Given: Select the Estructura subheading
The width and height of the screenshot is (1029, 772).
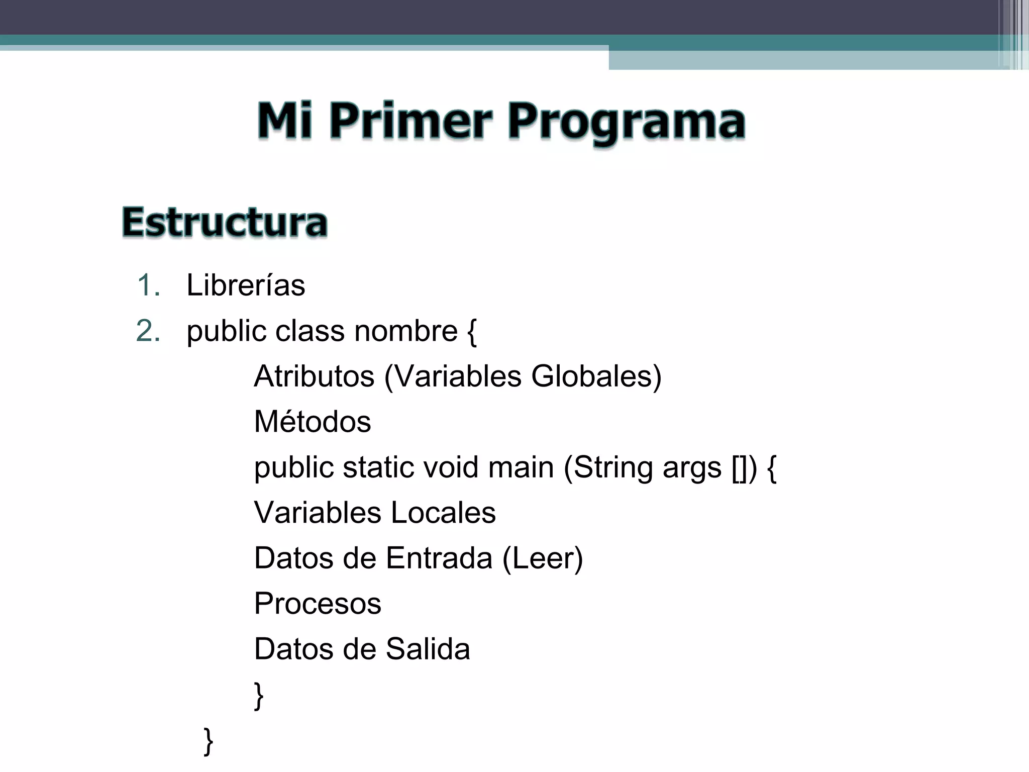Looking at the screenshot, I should [x=225, y=222].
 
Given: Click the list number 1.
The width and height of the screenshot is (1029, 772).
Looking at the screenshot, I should [x=148, y=285].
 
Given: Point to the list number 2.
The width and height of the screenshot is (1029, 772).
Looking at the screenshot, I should [x=148, y=331].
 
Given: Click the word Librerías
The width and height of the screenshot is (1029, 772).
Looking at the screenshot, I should [x=246, y=285].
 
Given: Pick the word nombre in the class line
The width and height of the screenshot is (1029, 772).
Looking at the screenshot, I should [x=406, y=331].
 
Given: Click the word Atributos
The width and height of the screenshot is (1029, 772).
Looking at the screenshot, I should [x=314, y=376].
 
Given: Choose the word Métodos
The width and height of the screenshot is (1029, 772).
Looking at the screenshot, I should [x=313, y=422].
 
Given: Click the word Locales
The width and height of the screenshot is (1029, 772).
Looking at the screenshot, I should [x=443, y=513].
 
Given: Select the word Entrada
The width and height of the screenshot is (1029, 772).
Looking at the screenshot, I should [x=439, y=558].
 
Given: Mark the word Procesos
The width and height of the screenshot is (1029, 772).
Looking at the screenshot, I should [x=318, y=604].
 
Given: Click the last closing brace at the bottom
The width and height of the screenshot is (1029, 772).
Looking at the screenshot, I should [x=209, y=741].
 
